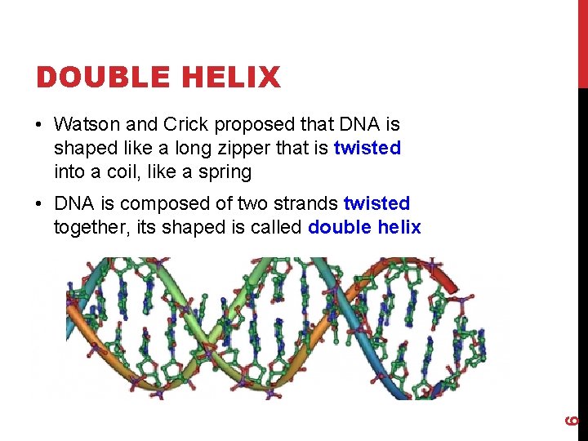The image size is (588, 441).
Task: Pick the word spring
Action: click(229, 171)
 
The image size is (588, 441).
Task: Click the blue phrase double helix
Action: click(364, 226)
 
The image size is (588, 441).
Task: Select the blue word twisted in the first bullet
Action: click(367, 148)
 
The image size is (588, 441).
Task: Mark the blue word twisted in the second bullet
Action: click(376, 203)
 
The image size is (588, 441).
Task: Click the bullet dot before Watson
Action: click(39, 125)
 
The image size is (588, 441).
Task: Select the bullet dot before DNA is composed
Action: click(39, 203)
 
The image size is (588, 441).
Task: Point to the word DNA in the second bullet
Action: click(71, 203)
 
